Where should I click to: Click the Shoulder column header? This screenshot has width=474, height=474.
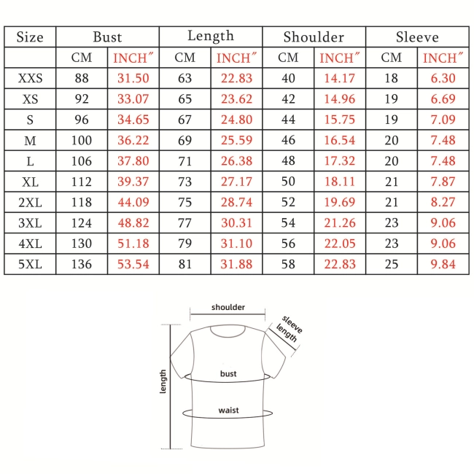314,37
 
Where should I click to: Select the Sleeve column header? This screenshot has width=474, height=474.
417,37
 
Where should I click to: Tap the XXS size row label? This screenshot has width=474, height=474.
30,78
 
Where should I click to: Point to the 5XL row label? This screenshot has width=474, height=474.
30,264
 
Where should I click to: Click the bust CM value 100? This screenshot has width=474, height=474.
82,140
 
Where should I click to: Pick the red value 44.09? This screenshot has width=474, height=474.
133,202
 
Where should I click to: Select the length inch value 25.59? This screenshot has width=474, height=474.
236,140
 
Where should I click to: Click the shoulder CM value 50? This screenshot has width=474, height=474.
288,182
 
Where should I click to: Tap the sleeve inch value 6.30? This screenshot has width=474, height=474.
443,78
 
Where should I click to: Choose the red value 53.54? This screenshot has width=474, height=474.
133,264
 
